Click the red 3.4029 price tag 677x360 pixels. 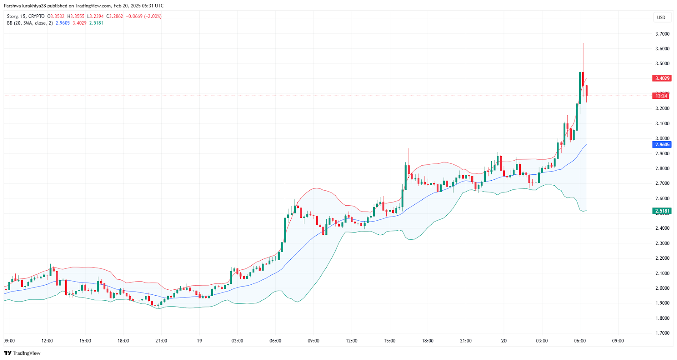[662, 78]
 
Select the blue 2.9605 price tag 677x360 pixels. [662, 145]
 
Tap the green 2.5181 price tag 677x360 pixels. [662, 211]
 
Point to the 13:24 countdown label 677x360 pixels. [661, 96]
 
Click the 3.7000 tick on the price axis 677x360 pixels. [662, 34]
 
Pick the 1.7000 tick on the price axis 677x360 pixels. [662, 333]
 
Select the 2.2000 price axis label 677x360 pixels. [662, 258]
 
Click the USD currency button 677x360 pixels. [661, 17]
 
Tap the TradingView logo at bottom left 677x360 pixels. [22, 353]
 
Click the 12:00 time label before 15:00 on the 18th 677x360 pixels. [47, 341]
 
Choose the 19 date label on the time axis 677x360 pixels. [199, 341]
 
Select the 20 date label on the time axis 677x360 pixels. [504, 341]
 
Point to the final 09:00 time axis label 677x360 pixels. [618, 341]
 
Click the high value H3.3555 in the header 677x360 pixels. [76, 16]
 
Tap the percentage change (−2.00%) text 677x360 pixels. [153, 16]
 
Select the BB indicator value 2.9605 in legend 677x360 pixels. [63, 23]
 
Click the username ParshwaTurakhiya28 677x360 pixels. [25, 5]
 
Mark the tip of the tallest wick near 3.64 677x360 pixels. [583, 43]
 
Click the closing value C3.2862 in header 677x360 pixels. [114, 16]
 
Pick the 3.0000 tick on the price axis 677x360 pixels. [662, 138]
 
